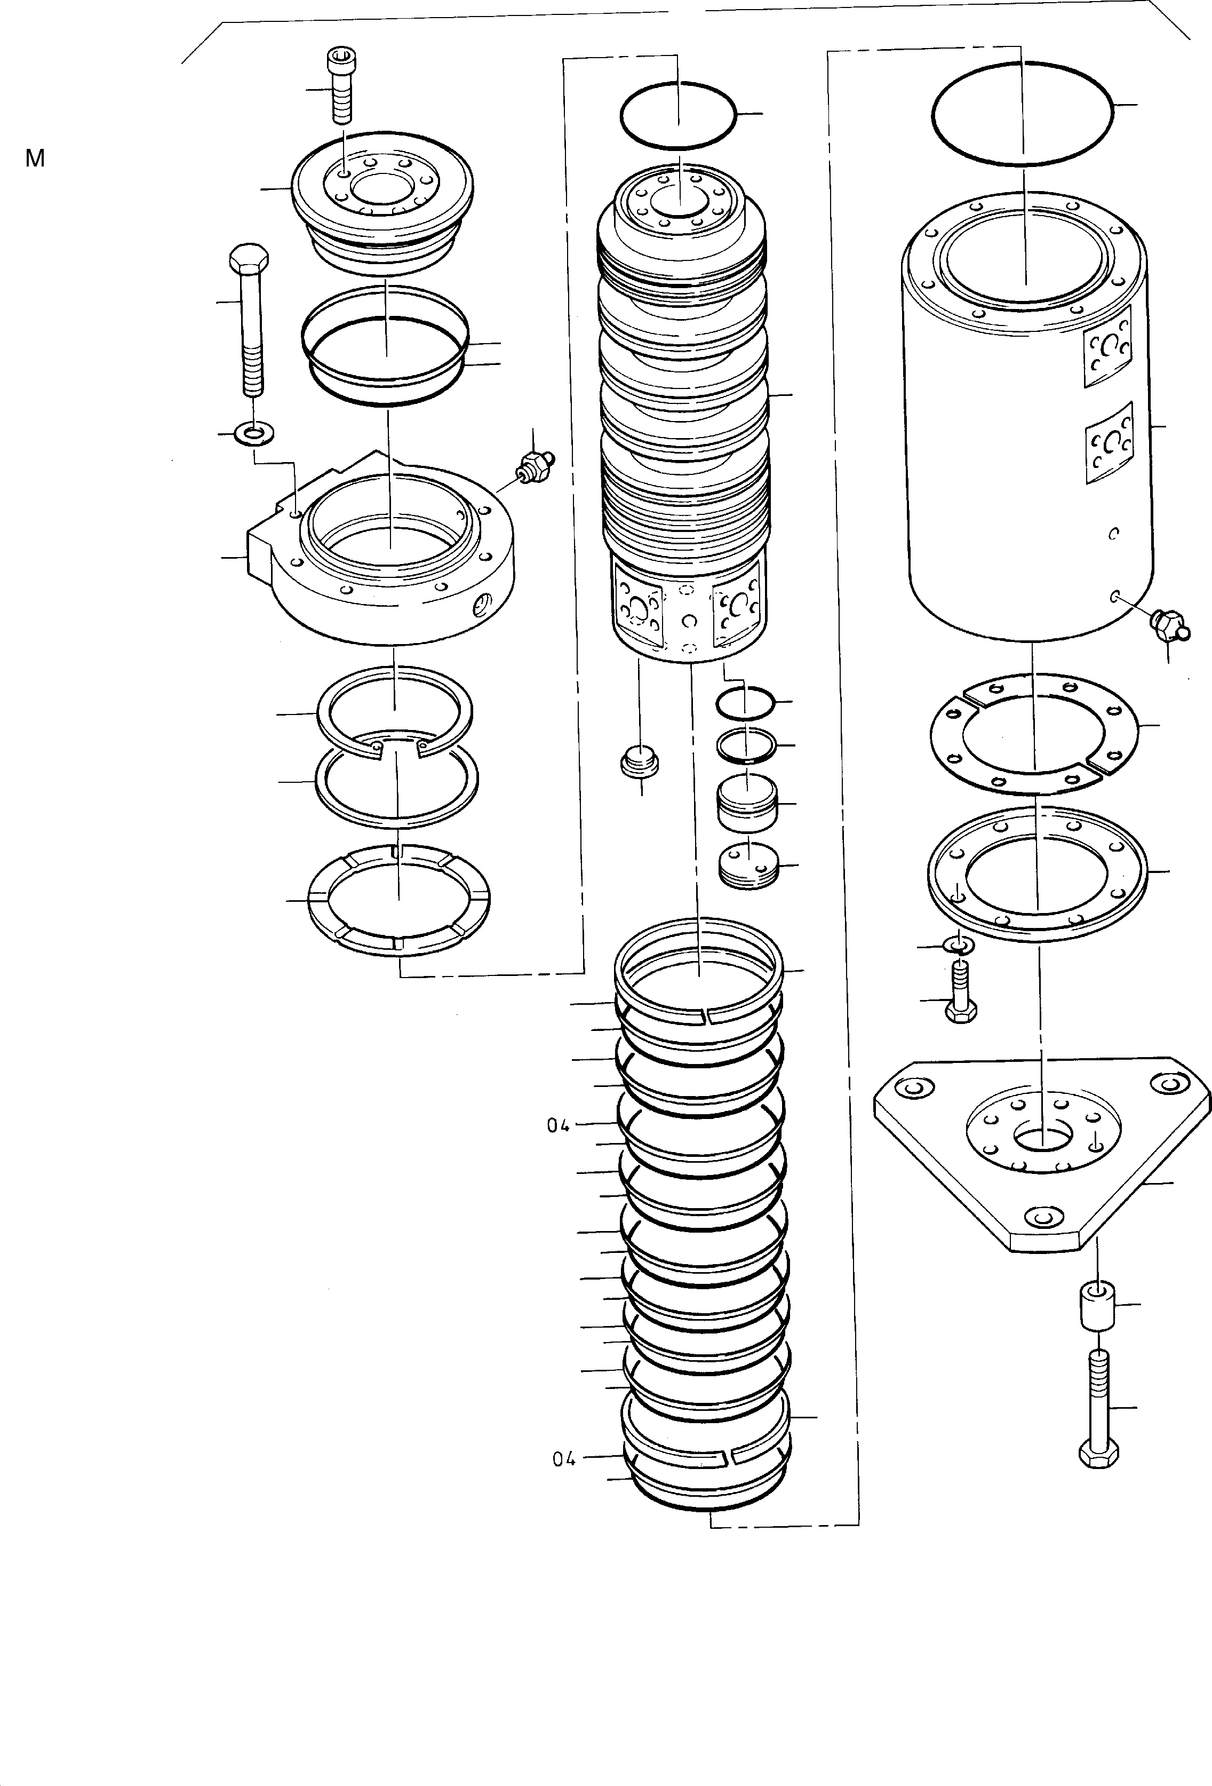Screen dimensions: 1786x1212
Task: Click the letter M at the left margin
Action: pos(35,159)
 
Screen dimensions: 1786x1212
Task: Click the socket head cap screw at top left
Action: pos(340,85)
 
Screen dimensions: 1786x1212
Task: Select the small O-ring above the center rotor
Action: pos(678,115)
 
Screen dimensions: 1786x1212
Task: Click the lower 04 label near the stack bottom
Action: pos(564,1458)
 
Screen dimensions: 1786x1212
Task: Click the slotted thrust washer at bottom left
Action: pos(398,899)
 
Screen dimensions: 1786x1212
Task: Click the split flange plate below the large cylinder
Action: pos(1033,733)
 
